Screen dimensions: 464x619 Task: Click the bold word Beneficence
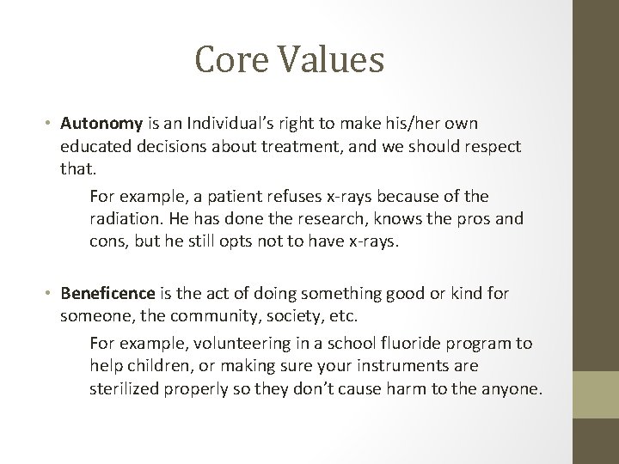(x=109, y=294)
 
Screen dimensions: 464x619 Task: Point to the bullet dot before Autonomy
(x=51, y=125)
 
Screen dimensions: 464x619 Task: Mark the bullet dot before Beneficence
(x=51, y=294)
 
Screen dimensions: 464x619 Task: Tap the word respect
(x=487, y=147)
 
